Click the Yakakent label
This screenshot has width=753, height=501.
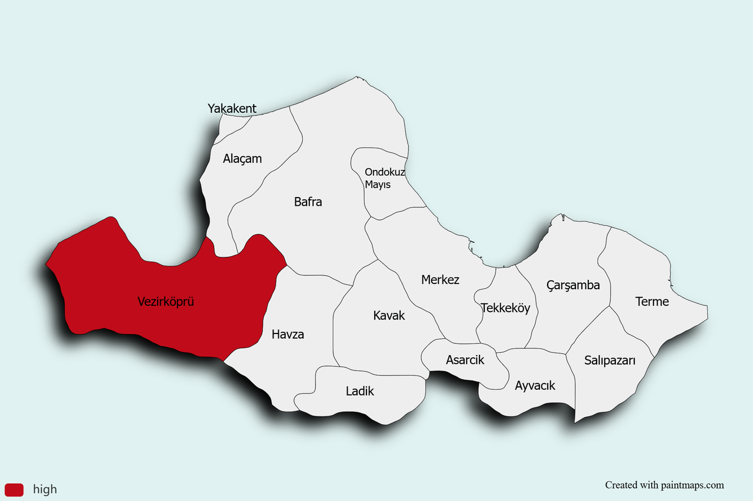(232, 109)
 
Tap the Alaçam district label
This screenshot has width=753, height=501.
(242, 159)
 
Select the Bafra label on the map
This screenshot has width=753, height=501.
(308, 202)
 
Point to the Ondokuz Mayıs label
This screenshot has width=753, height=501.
(385, 178)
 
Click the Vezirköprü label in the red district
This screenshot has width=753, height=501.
(165, 302)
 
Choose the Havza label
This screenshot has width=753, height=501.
(288, 335)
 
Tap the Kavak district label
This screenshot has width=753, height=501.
(389, 316)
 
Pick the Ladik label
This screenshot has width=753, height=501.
(359, 391)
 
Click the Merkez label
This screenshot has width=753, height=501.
(440, 280)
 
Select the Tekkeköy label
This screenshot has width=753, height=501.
(505, 308)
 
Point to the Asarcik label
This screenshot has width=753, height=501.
(465, 360)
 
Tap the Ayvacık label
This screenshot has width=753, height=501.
(535, 386)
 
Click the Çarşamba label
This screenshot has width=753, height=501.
(573, 285)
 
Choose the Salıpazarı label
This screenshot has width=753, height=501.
(609, 360)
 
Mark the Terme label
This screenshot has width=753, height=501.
(652, 302)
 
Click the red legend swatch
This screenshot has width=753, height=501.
(14, 489)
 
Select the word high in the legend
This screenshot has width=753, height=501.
(45, 489)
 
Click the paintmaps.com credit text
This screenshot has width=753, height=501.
(664, 485)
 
